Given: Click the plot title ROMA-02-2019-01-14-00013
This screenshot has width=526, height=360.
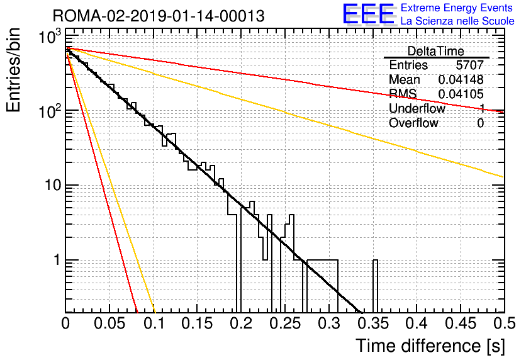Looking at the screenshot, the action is pyautogui.click(x=159, y=16).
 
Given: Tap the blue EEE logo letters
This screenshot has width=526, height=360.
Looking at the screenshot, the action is pyautogui.click(x=368, y=14).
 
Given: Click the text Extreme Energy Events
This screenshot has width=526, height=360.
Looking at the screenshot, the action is pyautogui.click(x=457, y=8).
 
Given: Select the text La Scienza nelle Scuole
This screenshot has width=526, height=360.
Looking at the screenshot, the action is pyautogui.click(x=457, y=21).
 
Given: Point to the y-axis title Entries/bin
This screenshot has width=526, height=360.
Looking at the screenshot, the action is pyautogui.click(x=13, y=70).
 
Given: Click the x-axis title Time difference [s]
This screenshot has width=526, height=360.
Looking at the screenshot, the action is pyautogui.click(x=430, y=346).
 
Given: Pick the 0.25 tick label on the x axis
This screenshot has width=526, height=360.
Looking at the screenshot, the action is pyautogui.click(x=286, y=323).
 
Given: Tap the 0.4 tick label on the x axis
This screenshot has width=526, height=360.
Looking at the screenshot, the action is pyautogui.click(x=417, y=323).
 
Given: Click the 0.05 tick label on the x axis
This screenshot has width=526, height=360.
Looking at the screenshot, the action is pyautogui.click(x=109, y=323).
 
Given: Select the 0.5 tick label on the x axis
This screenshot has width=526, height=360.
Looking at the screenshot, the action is pyautogui.click(x=504, y=323).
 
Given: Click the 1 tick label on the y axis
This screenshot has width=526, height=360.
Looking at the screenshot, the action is pyautogui.click(x=57, y=260).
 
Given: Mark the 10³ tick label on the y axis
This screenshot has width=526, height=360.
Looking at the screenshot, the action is pyautogui.click(x=50, y=37).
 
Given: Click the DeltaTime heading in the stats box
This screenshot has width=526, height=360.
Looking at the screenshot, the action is pyautogui.click(x=436, y=51).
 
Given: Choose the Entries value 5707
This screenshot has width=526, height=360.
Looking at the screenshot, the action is pyautogui.click(x=469, y=65).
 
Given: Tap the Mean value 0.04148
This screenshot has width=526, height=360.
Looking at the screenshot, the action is pyautogui.click(x=461, y=79).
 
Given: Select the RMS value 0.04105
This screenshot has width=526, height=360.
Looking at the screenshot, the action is pyautogui.click(x=461, y=94).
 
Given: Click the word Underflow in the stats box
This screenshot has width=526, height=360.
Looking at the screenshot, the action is pyautogui.click(x=417, y=108).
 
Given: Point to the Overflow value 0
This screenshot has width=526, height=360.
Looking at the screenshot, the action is pyautogui.click(x=480, y=123).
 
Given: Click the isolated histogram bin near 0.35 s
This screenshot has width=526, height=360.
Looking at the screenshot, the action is pyautogui.click(x=375, y=286).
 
